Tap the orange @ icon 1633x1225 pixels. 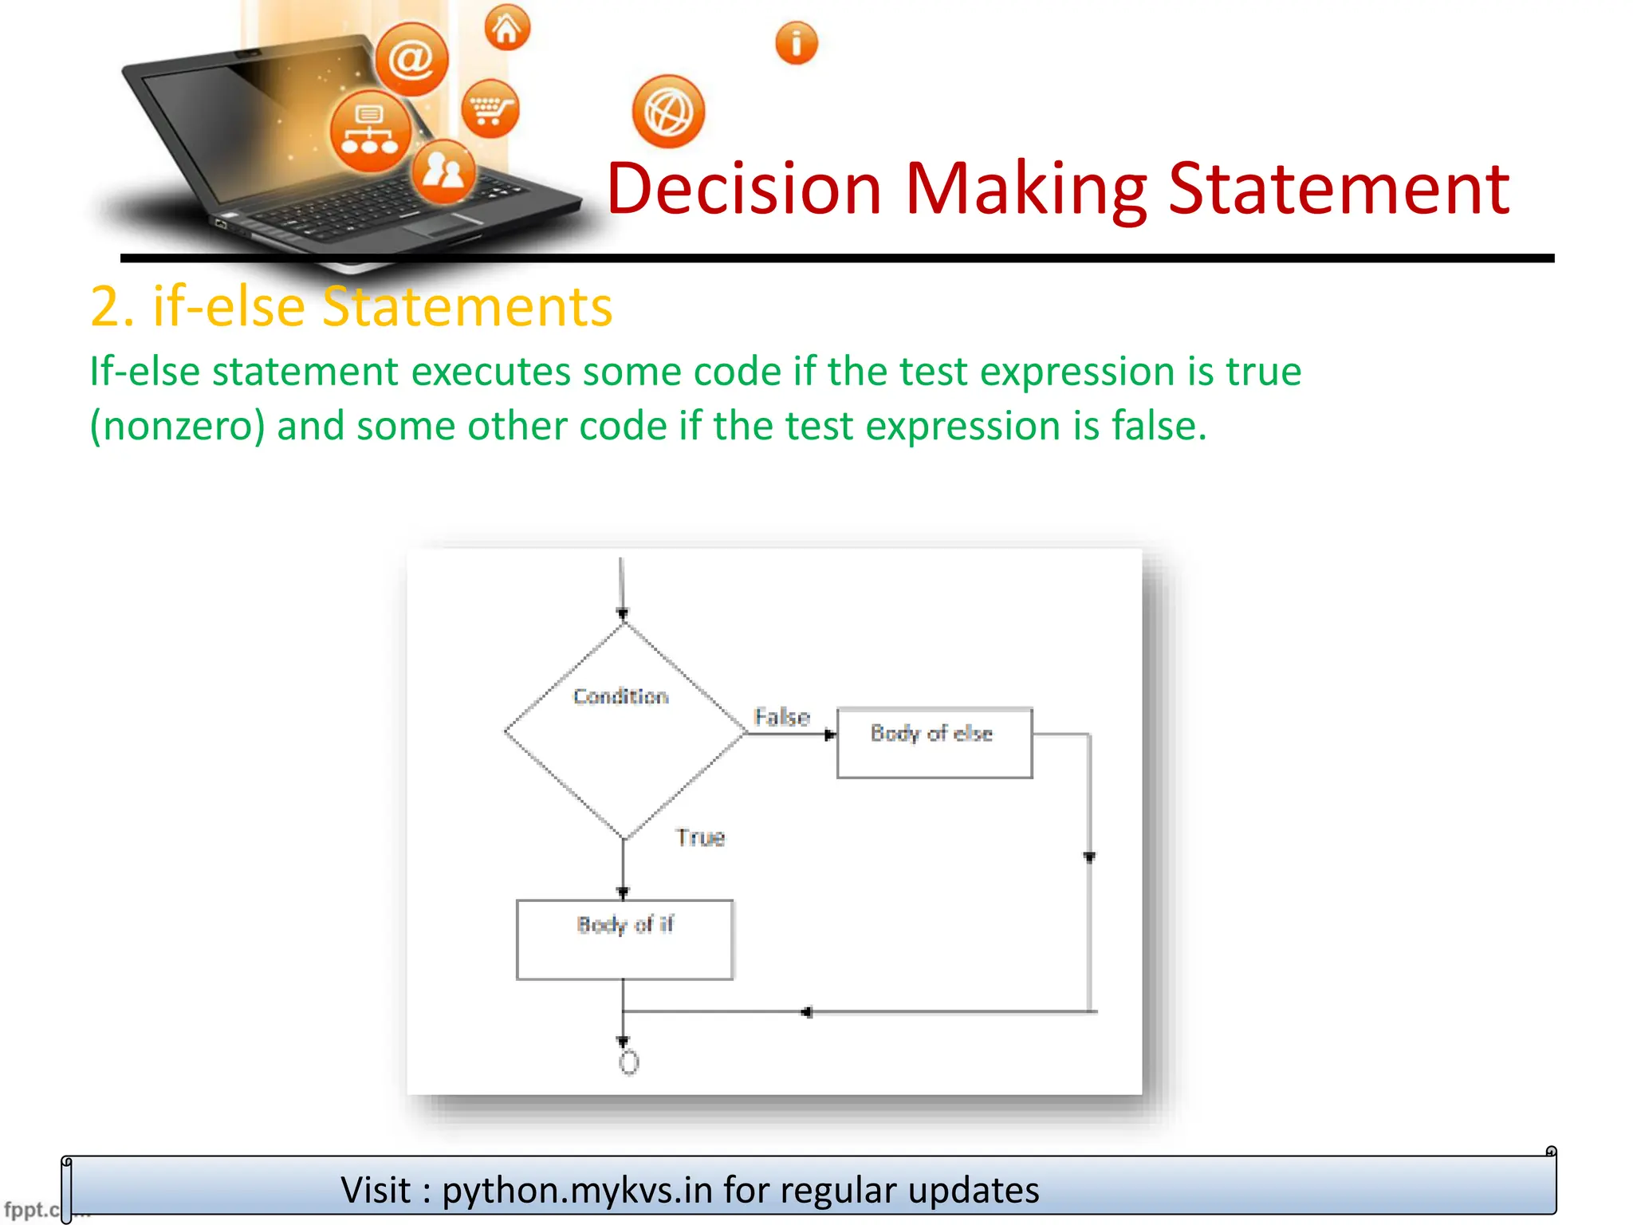[x=411, y=60]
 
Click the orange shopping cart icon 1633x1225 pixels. [x=490, y=108]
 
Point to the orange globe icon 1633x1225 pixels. [x=668, y=112]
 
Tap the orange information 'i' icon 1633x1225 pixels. [x=796, y=43]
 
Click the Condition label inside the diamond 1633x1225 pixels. [x=620, y=696]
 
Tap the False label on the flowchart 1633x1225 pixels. [x=781, y=716]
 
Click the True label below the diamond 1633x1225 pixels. [x=700, y=837]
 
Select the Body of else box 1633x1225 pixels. [x=934, y=742]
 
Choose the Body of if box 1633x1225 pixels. [x=624, y=939]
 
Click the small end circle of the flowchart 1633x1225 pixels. [x=628, y=1062]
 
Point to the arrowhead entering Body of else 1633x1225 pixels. [x=829, y=735]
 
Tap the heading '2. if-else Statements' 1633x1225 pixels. [x=351, y=306]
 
